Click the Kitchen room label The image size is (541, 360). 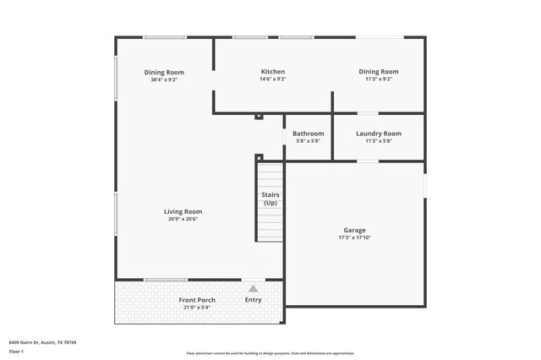click(x=272, y=72)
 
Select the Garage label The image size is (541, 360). click(x=354, y=230)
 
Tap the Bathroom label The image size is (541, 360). click(x=308, y=134)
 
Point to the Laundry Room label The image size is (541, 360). click(x=378, y=134)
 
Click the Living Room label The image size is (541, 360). click(x=183, y=211)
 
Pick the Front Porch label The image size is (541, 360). click(x=196, y=300)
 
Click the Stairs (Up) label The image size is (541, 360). click(x=270, y=199)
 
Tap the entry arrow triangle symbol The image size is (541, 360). click(x=253, y=289)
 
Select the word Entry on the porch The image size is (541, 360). click(x=253, y=300)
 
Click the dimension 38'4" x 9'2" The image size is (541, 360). click(x=164, y=79)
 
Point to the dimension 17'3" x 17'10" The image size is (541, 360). click(x=354, y=237)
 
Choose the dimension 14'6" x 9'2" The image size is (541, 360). click(x=272, y=79)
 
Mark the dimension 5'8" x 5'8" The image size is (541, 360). click(x=308, y=141)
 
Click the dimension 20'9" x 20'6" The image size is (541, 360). click(x=183, y=219)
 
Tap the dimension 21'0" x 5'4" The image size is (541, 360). click(x=196, y=308)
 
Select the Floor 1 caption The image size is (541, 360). click(x=16, y=350)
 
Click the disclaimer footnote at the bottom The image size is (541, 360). click(x=270, y=353)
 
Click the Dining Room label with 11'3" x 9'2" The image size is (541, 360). click(x=378, y=72)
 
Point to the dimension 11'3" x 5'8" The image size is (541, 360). click(x=378, y=141)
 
